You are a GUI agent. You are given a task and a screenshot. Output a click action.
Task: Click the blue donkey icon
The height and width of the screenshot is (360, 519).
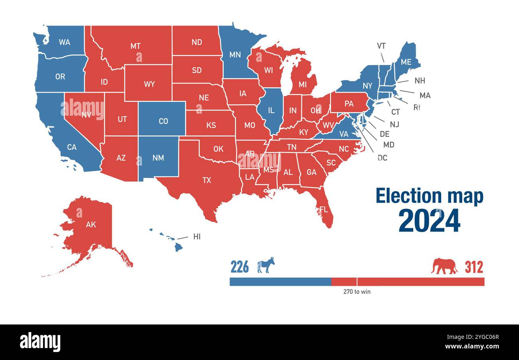click(265, 265)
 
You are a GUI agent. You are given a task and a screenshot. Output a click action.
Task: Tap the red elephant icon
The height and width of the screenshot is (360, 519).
click(444, 266)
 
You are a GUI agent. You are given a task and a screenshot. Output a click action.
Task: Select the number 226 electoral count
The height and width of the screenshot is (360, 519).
click(240, 267)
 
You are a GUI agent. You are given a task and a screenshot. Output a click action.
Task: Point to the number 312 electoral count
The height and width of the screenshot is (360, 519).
click(473, 267)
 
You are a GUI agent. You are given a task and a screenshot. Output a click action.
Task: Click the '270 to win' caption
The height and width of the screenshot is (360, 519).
click(357, 292)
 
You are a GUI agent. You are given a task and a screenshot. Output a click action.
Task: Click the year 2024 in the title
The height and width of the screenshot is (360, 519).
click(429, 221)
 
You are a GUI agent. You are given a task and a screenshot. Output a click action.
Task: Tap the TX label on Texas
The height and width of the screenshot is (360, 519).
click(206, 180)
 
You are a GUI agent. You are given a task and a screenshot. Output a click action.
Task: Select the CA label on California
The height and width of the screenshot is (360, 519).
click(71, 147)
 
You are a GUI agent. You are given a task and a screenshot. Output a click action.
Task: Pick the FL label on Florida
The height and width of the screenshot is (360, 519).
click(323, 209)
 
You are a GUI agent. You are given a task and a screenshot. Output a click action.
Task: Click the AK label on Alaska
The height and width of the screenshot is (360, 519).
click(91, 224)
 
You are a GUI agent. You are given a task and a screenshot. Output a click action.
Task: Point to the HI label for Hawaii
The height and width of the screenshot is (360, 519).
click(197, 237)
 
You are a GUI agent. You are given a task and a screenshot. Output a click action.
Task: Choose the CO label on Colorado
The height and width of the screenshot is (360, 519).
click(163, 121)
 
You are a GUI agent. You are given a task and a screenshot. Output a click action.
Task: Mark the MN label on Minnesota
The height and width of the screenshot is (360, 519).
click(235, 55)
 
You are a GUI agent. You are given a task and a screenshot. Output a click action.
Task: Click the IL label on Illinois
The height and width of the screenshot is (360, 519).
click(271, 110)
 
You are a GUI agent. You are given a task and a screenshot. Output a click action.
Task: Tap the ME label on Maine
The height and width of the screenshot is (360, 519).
click(406, 62)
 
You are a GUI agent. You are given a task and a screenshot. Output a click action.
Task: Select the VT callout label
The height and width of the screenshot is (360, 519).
click(381, 46)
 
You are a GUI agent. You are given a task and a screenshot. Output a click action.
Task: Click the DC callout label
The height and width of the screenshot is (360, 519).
click(382, 158)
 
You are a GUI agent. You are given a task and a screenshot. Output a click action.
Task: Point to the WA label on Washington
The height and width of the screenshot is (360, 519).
click(64, 42)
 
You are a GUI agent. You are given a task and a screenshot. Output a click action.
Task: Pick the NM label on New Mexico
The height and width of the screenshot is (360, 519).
click(158, 158)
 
